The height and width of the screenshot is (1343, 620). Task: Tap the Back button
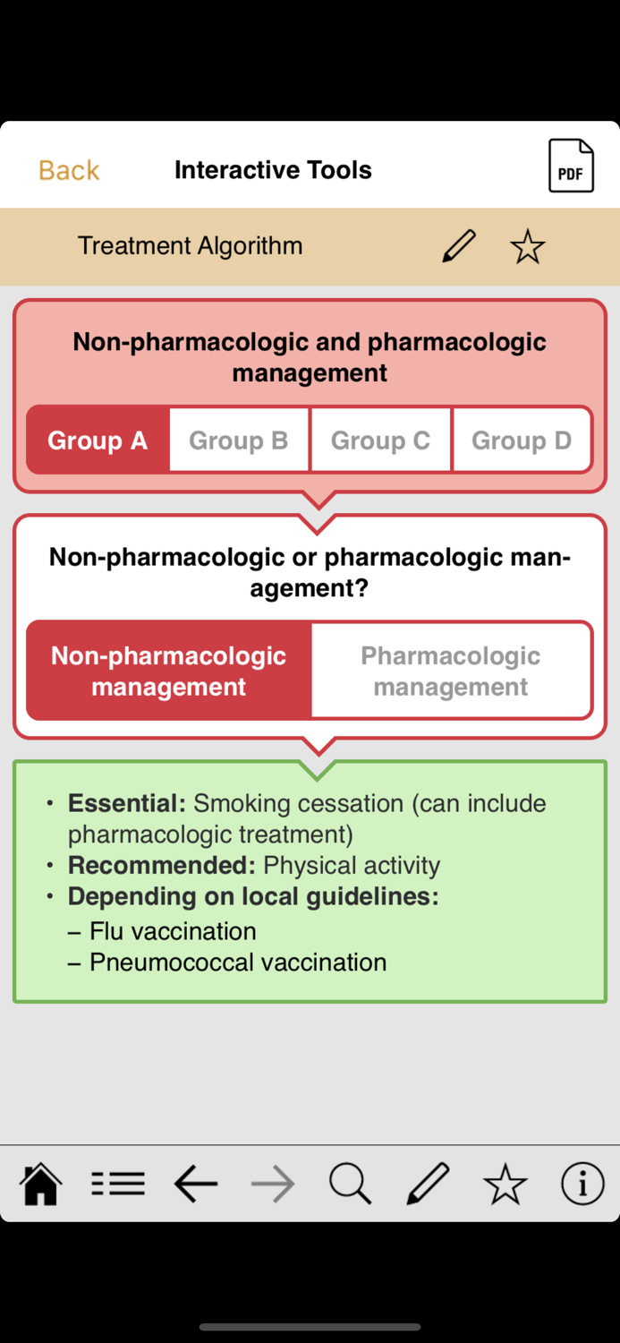pos(69,170)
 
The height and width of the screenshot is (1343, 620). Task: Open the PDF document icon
pos(571,166)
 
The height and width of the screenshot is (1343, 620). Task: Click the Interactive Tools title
pos(273,170)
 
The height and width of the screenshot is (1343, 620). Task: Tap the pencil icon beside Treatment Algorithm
pos(459,246)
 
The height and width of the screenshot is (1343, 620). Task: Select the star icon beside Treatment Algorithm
pos(528,246)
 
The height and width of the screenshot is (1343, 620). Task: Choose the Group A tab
pos(98,441)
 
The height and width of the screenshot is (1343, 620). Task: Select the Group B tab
pos(239,441)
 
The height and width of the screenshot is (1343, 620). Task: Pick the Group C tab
pos(380,441)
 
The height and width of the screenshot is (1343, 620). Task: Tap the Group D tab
pos(522,441)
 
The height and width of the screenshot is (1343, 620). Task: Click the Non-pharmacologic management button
pos(169,671)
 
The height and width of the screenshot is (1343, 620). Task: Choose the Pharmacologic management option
pos(450,671)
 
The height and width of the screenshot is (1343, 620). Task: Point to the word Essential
pos(126,803)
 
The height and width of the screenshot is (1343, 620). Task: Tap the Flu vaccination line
pos(173,931)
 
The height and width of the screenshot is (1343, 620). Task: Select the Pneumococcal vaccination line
pos(238,962)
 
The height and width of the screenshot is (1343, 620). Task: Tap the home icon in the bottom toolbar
pos(41,1185)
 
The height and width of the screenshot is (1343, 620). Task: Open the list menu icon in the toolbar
pos(118,1185)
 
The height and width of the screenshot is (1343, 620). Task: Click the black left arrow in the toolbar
pos(196,1185)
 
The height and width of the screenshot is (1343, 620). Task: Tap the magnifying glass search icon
pos(350,1185)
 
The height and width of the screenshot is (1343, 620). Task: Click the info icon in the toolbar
pos(582,1185)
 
